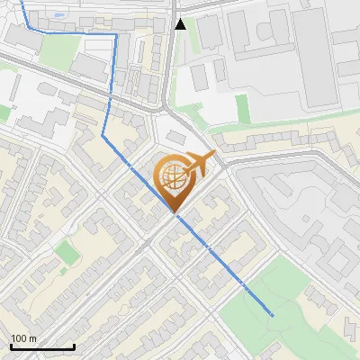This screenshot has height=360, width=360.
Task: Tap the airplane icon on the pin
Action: click(198, 165)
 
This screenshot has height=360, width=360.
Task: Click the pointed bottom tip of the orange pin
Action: click(175, 212)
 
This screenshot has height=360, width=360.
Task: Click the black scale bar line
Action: click(42, 347)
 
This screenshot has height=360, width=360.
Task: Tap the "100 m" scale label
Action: click(23, 338)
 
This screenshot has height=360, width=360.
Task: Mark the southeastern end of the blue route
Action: click(272, 315)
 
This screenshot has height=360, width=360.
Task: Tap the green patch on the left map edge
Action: click(4, 112)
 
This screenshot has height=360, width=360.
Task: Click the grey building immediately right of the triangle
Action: click(209, 31)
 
